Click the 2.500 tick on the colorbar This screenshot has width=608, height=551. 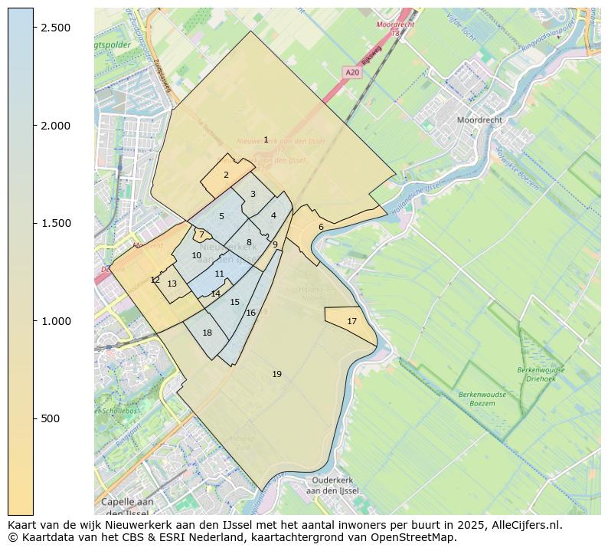tap(34, 28)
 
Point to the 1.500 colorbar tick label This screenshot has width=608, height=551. tap(55, 223)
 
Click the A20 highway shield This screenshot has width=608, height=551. tap(352, 72)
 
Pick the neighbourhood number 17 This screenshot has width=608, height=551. tap(351, 321)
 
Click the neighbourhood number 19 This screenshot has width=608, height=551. tap(276, 374)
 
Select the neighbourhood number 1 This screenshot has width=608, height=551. tap(266, 139)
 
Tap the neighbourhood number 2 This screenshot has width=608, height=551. tap(226, 175)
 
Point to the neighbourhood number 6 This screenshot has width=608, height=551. tap(321, 227)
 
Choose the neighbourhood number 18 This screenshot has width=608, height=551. tap(207, 333)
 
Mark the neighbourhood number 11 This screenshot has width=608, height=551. tap(220, 274)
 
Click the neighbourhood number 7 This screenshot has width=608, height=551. tap(201, 235)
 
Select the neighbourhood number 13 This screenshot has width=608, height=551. tap(172, 284)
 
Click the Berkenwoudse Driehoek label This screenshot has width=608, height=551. tap(541, 374)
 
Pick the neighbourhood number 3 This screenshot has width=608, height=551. tap(253, 194)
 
